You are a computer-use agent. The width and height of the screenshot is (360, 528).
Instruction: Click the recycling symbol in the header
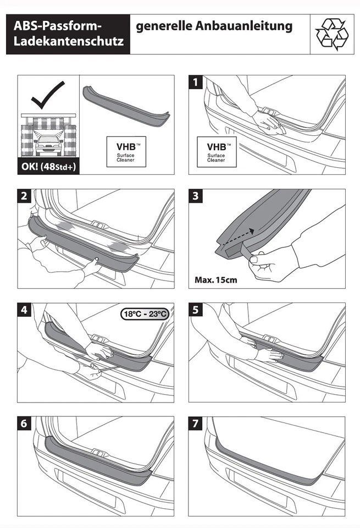331,34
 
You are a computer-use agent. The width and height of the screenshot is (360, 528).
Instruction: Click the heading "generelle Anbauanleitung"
214,26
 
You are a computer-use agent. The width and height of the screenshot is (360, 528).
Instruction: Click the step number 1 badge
196,82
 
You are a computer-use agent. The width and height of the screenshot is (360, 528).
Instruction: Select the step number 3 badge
196,197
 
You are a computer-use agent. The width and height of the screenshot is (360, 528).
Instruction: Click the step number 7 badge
196,424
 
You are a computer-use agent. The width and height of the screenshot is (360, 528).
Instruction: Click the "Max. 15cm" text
216,279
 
